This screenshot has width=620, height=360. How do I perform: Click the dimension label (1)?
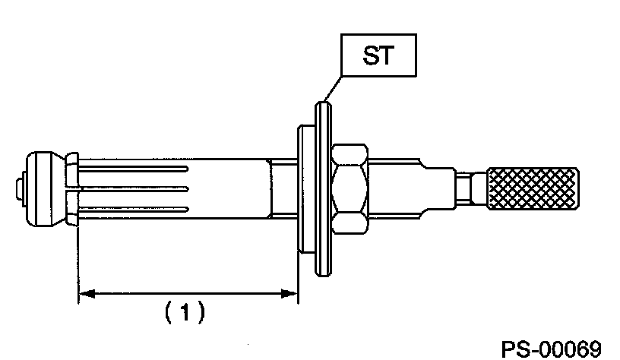[x=182, y=311]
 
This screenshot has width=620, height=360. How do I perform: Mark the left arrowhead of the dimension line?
[x=86, y=292]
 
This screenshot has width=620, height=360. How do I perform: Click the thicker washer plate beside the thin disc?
[x=306, y=190]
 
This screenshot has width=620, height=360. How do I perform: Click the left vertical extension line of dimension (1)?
[x=77, y=266]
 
